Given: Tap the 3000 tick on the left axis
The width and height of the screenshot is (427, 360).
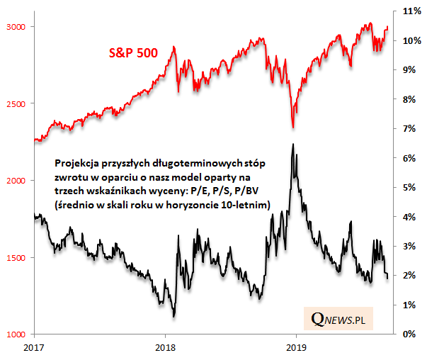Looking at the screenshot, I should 17,27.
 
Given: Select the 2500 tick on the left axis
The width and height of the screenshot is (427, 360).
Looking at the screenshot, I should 17,104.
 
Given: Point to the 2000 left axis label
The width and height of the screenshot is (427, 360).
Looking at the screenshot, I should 17,181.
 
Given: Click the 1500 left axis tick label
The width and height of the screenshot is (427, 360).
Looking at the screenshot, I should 17,258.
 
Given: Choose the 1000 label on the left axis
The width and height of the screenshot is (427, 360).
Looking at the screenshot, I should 17,334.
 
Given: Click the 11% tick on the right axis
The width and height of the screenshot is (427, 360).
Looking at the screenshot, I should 412,12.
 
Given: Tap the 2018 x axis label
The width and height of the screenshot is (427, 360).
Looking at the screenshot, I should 165,348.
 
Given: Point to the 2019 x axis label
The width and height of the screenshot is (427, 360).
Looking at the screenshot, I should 295,348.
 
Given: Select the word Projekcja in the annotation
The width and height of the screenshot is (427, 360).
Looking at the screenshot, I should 76,162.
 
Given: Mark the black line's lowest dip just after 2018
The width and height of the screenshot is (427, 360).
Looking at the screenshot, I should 174,316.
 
